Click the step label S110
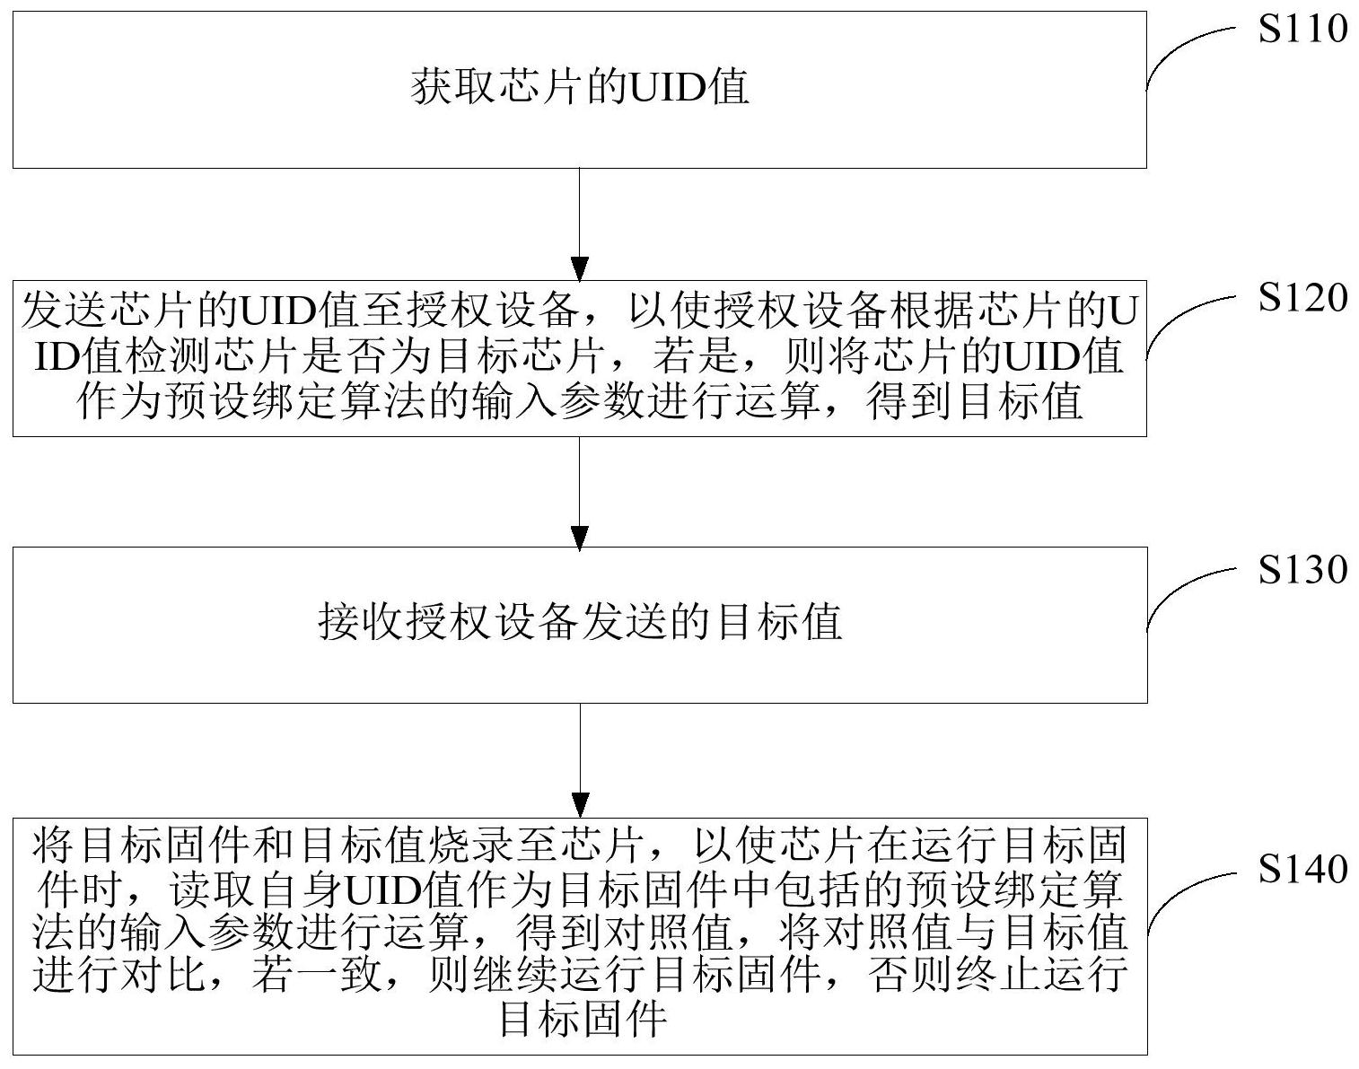pyautogui.click(x=1302, y=29)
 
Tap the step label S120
pyautogui.click(x=1302, y=297)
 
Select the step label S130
pyautogui.click(x=1302, y=570)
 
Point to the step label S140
pyautogui.click(x=1302, y=868)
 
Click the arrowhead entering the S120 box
pyautogui.click(x=580, y=268)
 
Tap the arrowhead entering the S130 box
pyautogui.click(x=580, y=538)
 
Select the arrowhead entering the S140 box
pyautogui.click(x=580, y=805)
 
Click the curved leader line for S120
pyautogui.click(x=1176, y=318)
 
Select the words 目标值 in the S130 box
pyautogui.click(x=778, y=623)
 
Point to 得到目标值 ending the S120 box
pyautogui.click(x=975, y=401)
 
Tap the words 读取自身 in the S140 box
pyautogui.click(x=257, y=889)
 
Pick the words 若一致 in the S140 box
pyautogui.click(x=316, y=975)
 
